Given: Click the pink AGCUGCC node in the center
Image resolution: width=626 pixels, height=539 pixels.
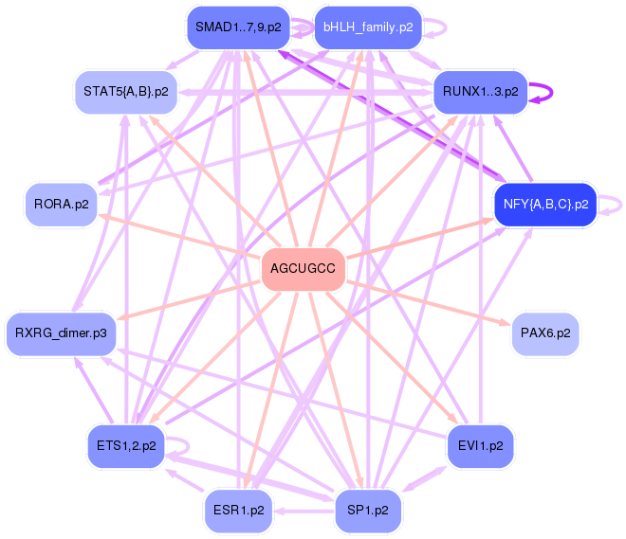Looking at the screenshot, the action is [303, 269].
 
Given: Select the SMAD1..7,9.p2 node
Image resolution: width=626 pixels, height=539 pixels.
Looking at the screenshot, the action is [238, 27].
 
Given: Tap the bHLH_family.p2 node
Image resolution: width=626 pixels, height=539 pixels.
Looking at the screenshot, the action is [368, 27].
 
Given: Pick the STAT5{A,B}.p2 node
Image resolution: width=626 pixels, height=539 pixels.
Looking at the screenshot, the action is [126, 92].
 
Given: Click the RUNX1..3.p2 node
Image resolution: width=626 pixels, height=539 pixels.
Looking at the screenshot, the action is [480, 92].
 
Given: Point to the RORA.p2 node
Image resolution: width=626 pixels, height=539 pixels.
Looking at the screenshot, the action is [61, 205].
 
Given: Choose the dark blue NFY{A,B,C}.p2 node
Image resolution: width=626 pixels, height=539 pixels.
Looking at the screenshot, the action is [545, 205].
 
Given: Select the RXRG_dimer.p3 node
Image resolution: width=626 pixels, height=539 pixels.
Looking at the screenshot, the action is [61, 333].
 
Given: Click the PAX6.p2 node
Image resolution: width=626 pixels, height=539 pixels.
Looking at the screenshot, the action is [545, 333].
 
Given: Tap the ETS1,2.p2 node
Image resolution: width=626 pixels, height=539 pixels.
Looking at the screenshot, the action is [126, 446].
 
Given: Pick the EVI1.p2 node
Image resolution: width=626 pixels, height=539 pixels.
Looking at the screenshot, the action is [480, 446].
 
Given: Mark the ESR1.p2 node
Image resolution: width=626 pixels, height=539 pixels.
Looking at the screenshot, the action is [238, 511].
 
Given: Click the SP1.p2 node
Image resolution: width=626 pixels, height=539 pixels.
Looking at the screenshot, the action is [368, 511].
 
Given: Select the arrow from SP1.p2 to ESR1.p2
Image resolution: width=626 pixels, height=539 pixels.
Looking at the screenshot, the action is [304, 511].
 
